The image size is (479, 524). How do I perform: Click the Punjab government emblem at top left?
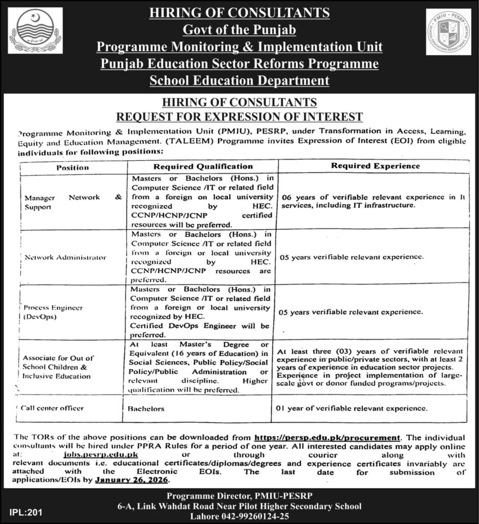click(34, 32)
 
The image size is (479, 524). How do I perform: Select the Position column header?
click(72, 167)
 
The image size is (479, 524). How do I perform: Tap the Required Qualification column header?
click(203, 166)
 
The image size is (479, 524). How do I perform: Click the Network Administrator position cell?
click(66, 257)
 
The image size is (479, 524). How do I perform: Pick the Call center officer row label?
click(53, 408)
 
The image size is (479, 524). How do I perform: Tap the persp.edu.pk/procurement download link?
click(326, 438)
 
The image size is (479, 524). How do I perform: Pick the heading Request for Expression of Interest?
click(239, 116)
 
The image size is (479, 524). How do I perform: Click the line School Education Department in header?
click(239, 80)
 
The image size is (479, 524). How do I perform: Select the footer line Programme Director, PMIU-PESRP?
click(239, 495)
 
